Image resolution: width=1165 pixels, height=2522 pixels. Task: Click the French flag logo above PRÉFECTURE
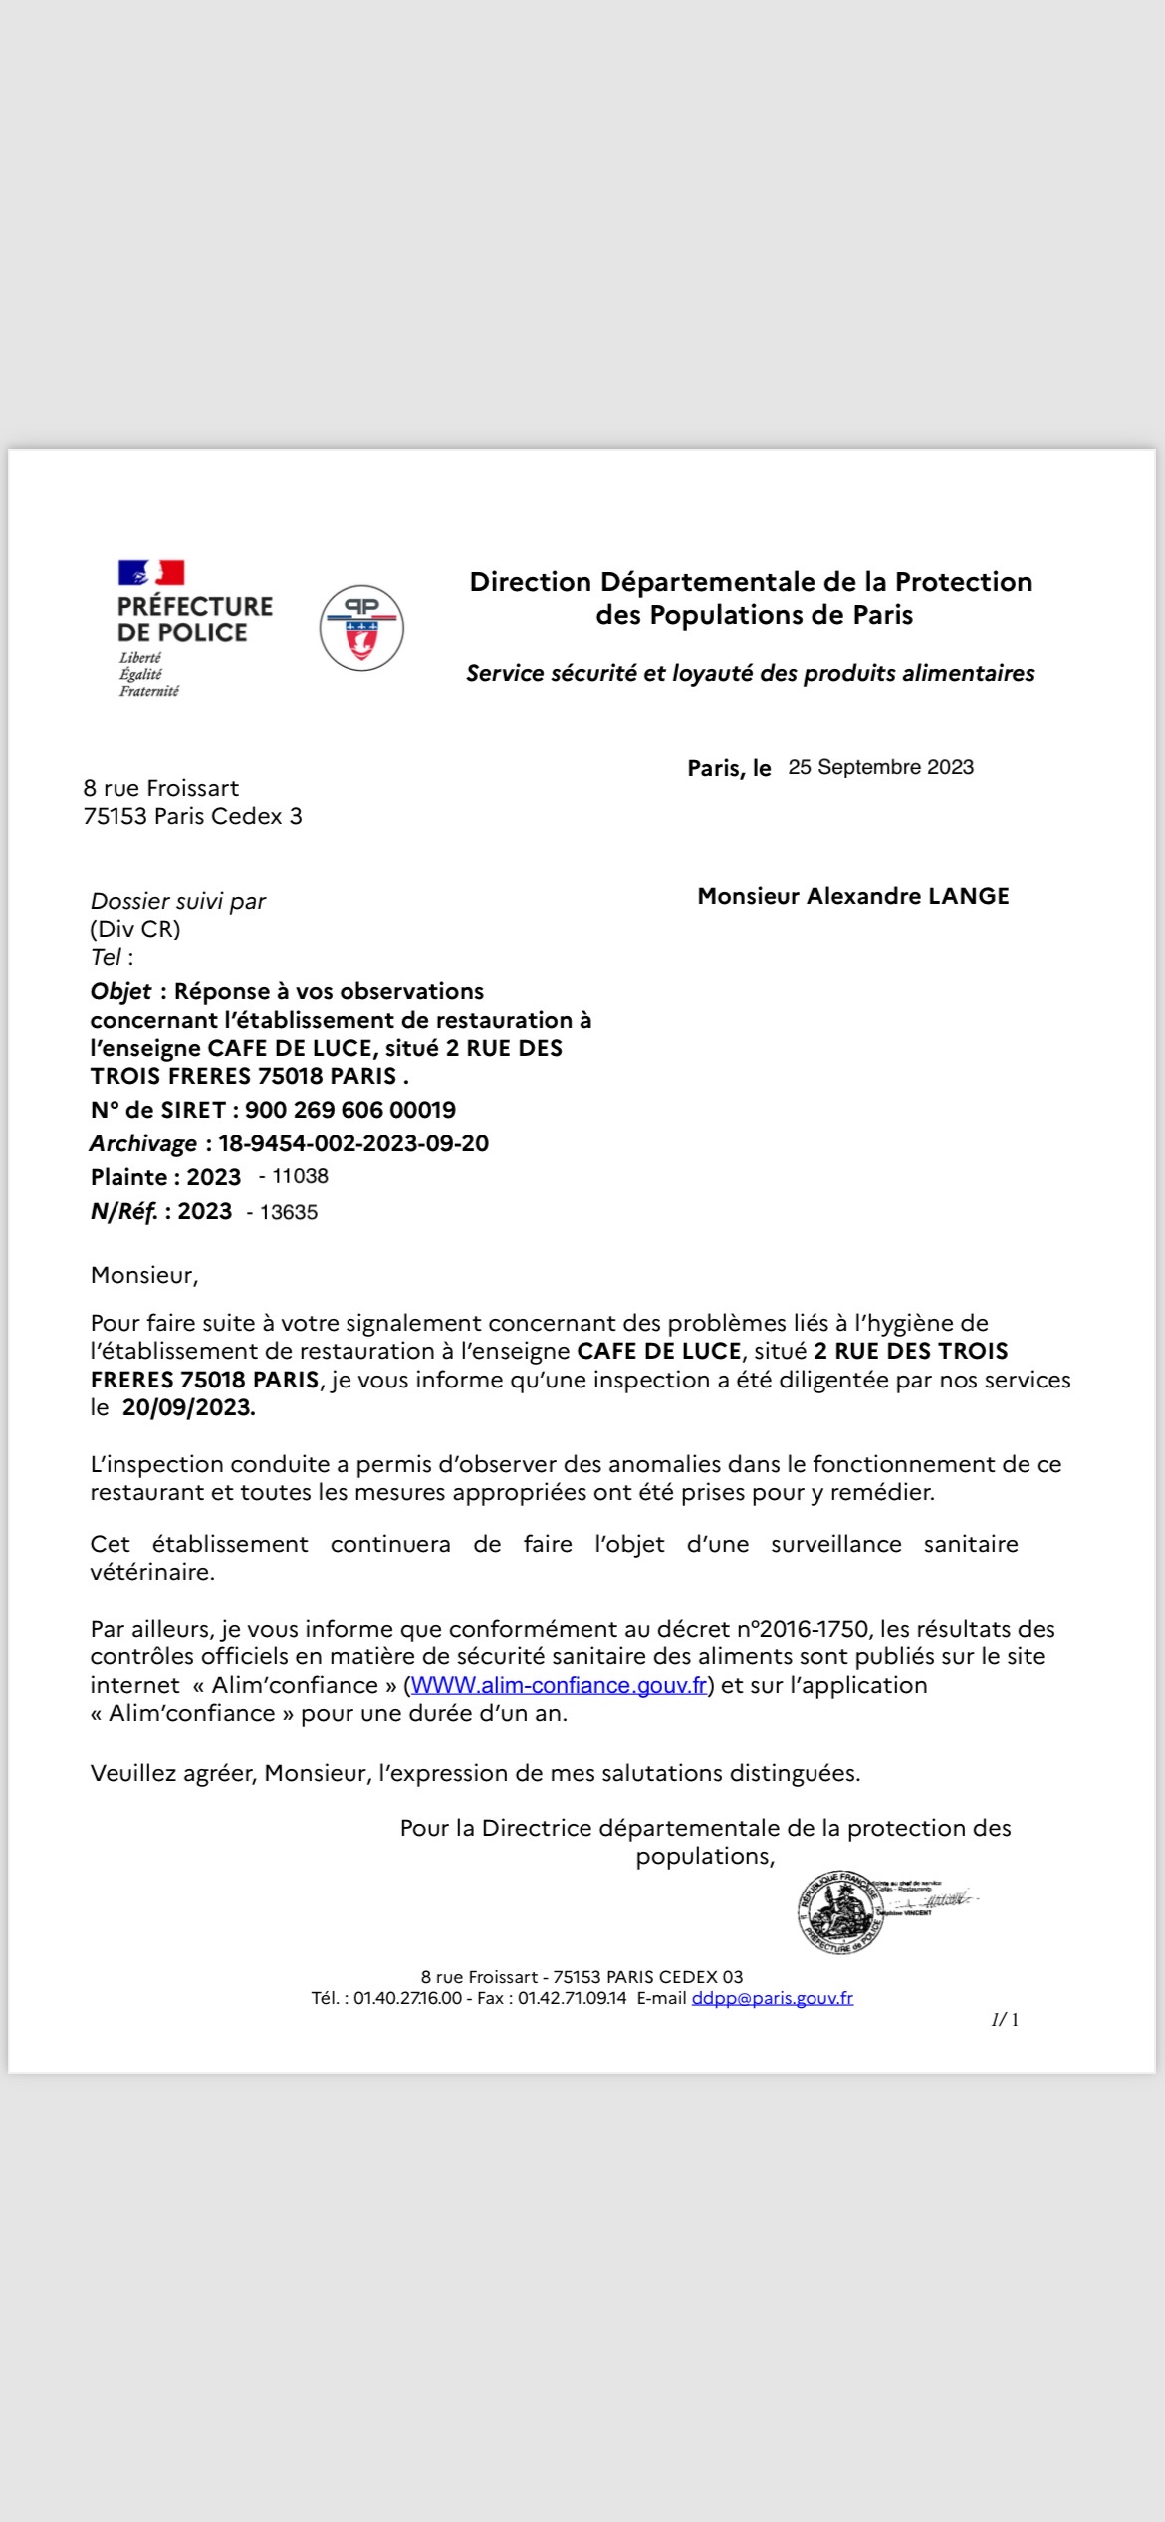pos(151,572)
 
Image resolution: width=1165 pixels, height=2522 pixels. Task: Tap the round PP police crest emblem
pos(361,628)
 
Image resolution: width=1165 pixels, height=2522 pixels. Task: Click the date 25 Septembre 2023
pos(880,767)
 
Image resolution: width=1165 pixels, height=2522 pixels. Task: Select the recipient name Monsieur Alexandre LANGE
pos(853,896)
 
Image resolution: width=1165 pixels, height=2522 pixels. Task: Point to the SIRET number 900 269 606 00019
pos(350,1110)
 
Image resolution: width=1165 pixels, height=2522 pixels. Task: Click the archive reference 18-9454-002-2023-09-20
pos(353,1143)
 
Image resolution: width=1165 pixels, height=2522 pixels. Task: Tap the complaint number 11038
pos(300,1176)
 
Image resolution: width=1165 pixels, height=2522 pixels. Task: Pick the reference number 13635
pos(289,1212)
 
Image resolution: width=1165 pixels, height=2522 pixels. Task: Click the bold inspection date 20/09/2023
pos(188,1407)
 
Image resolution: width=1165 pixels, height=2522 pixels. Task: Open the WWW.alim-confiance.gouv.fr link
pos(559,1685)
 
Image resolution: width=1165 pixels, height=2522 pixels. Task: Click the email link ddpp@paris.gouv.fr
pos(772,1998)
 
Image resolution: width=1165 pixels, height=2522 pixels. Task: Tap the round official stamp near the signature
pos(840,1911)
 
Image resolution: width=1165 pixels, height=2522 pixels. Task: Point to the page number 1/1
pos(1005,2019)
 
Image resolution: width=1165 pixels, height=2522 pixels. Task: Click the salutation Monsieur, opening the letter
pos(144,1275)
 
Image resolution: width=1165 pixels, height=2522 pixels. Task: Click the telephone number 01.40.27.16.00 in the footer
pos(407,1998)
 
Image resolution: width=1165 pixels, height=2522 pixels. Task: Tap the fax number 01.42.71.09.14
pos(572,1998)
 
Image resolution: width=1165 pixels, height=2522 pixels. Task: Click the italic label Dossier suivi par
pos(178,901)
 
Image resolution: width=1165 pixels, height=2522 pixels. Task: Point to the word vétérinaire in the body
pos(152,1572)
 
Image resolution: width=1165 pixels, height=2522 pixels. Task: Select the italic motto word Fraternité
pos(149,691)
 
